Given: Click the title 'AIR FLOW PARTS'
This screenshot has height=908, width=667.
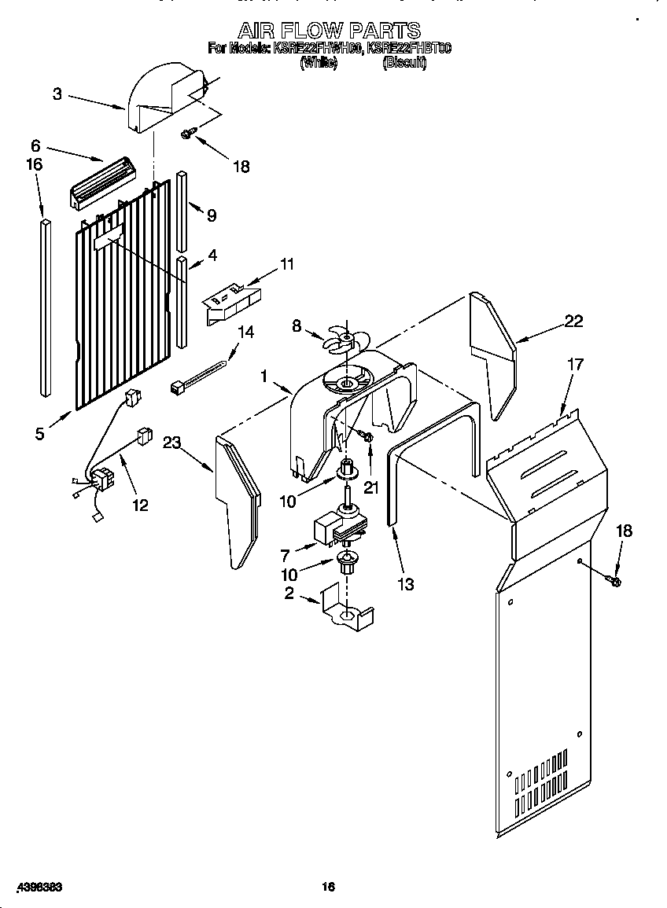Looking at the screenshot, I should point(329,31).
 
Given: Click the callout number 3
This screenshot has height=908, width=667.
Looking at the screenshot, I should point(57,94).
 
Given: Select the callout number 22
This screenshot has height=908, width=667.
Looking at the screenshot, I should point(574,320).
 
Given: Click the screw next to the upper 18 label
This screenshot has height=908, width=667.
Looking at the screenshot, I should point(187,134).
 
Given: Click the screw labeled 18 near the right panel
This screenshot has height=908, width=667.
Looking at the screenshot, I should point(616,581).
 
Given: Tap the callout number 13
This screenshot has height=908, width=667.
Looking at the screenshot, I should point(406,584).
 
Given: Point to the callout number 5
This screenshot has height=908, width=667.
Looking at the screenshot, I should point(40,433).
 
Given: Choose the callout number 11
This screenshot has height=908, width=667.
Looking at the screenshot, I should point(287,264).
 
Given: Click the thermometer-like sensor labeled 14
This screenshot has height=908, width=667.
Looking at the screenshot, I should point(201,374).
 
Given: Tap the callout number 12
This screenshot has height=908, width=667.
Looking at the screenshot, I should point(140,505).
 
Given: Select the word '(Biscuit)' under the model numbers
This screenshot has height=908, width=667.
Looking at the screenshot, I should point(404,64).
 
